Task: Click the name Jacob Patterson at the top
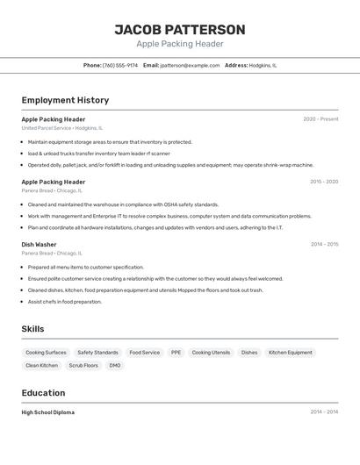coord(180,30)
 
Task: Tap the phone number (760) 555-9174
coord(120,65)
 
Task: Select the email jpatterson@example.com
coord(190,65)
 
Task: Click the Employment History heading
coord(65,100)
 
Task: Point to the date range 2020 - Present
coord(320,119)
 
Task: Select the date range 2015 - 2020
coord(324,182)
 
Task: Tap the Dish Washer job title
coord(39,245)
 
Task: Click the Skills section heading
coord(33,329)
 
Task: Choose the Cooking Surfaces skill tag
coord(46,353)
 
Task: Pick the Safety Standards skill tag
coord(97,353)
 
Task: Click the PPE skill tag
coord(176,353)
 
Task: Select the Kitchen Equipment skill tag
coord(290,353)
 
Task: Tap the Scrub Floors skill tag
coord(83,365)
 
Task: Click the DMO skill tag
coord(115,365)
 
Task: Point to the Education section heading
coord(43,393)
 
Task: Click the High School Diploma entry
coord(48,412)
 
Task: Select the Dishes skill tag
coord(249,353)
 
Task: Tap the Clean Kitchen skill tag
coord(41,365)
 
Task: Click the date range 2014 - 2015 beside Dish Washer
coord(324,245)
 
